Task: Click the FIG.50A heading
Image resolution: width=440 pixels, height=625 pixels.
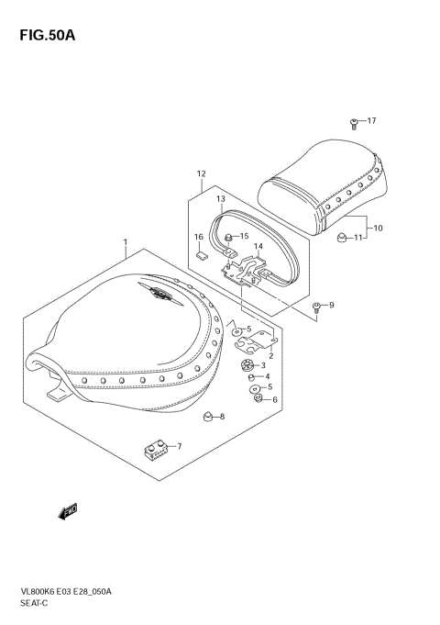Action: click(48, 36)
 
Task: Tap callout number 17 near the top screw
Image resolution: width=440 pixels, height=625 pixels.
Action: click(371, 120)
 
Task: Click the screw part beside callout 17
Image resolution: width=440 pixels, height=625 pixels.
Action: click(354, 124)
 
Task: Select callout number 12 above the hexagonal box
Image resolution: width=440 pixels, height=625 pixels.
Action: click(201, 173)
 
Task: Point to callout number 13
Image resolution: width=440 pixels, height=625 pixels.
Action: click(221, 198)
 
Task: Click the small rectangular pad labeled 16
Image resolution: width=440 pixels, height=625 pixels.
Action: click(202, 254)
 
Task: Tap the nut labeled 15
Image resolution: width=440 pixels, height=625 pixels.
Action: click(228, 238)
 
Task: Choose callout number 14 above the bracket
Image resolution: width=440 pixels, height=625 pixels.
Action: click(258, 247)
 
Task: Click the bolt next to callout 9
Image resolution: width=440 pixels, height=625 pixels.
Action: click(317, 307)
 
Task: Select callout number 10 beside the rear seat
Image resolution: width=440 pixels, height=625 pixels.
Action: click(378, 228)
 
